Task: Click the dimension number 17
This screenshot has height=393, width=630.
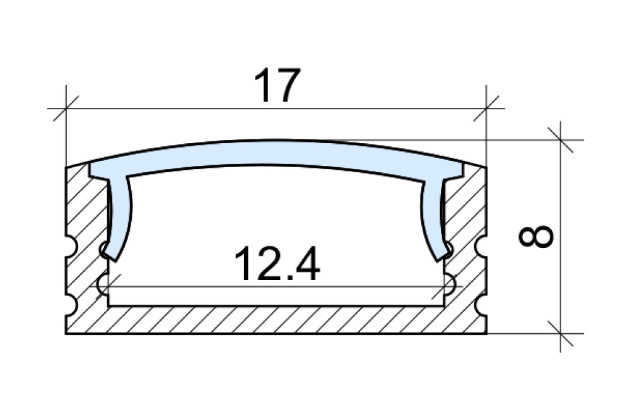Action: click(x=277, y=85)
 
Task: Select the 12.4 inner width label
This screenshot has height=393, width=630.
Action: click(x=277, y=264)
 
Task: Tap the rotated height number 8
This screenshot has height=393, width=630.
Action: click(x=536, y=236)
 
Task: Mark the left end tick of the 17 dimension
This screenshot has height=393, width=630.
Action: click(x=66, y=109)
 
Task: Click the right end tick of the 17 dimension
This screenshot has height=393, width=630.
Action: click(x=486, y=109)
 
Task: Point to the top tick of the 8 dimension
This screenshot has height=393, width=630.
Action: click(x=560, y=140)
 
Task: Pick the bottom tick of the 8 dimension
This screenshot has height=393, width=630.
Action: click(x=560, y=333)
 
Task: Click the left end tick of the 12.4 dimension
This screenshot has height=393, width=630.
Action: click(x=108, y=286)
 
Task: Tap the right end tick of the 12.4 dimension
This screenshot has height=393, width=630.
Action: click(x=444, y=286)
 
